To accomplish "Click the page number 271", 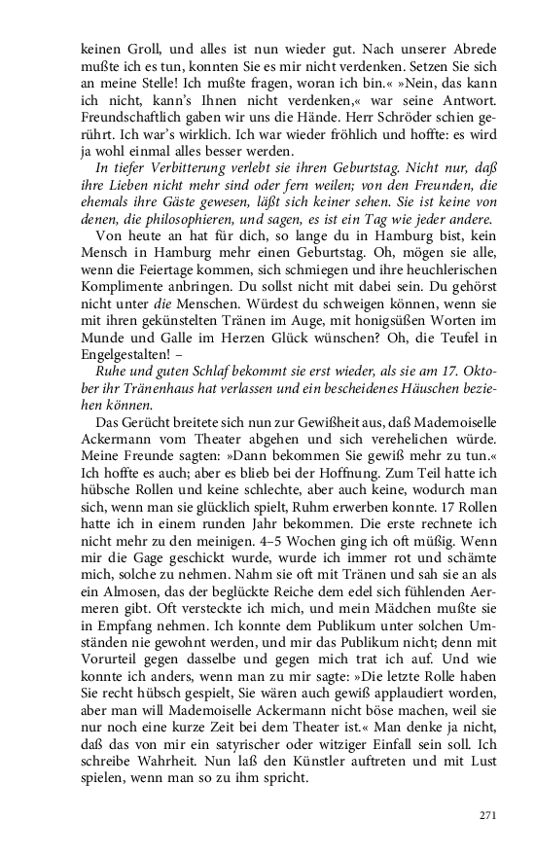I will [489, 815].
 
